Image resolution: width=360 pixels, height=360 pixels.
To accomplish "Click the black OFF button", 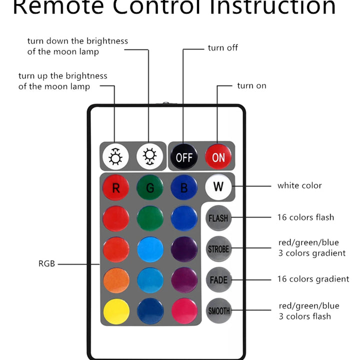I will point(183,157).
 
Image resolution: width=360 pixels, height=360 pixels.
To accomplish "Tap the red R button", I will point(115,188).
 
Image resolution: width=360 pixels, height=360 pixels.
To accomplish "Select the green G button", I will point(150,188).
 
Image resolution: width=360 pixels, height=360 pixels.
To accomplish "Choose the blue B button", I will point(184,188).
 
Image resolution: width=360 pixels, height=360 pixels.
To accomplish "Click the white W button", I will point(218,187).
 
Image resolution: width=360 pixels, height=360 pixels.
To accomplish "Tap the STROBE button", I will point(218,249).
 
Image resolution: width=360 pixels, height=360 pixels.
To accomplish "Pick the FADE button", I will point(218,280).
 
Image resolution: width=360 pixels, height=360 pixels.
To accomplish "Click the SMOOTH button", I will point(218,311).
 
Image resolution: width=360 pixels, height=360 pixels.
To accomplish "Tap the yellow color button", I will point(116,311).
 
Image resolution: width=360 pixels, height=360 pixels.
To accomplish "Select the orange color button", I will point(116,280).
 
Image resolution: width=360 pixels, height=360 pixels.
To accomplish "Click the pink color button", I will point(184,311).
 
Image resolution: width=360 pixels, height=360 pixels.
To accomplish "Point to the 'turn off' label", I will point(223,48).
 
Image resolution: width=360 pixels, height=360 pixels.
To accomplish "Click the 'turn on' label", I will point(252,86).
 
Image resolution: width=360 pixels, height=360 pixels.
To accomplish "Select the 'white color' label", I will point(299,185).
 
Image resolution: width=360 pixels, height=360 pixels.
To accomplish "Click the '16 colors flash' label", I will point(305,217).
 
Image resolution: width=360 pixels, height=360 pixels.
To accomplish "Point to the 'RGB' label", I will point(46,263).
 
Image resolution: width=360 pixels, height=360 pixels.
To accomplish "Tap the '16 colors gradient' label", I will point(313,279).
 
